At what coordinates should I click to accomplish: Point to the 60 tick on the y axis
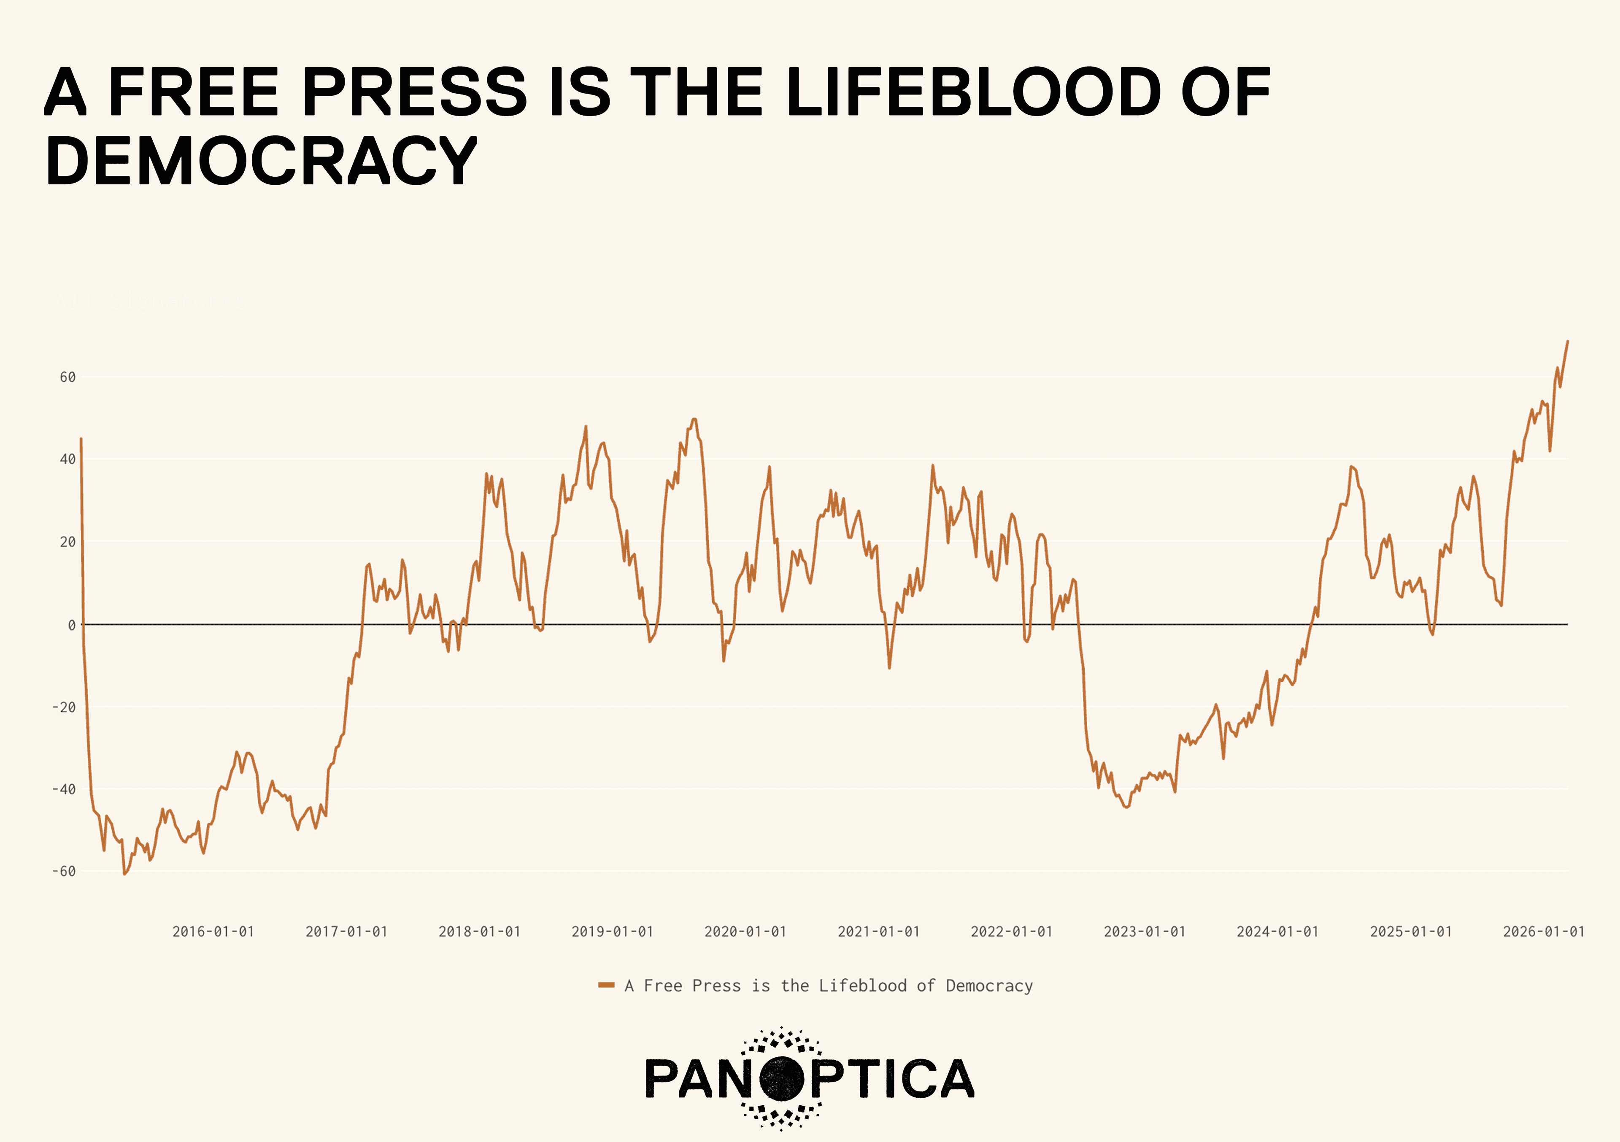click(68, 378)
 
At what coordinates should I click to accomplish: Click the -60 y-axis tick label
click(64, 871)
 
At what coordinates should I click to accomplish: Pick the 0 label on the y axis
click(72, 625)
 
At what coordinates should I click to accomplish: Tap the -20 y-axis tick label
click(64, 707)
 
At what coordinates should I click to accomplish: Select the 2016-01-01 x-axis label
click(213, 932)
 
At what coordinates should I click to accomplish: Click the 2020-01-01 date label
click(745, 932)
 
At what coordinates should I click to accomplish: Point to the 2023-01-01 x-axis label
click(1145, 932)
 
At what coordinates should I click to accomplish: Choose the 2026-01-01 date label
click(1544, 932)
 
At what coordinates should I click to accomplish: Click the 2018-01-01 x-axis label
click(479, 932)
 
